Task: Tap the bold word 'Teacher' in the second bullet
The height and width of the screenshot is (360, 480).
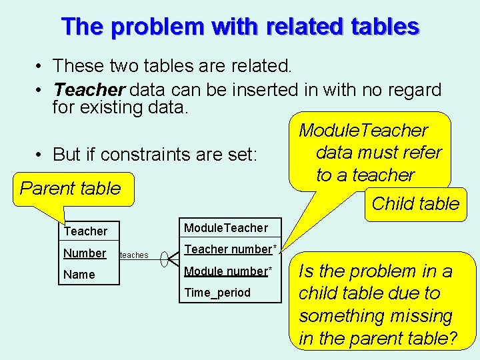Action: (x=89, y=89)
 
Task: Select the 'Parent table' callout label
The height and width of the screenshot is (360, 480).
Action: (x=70, y=188)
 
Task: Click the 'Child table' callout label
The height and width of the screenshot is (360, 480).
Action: (x=415, y=203)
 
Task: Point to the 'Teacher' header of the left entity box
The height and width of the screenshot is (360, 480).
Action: (x=85, y=231)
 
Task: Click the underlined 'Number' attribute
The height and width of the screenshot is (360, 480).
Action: (x=85, y=253)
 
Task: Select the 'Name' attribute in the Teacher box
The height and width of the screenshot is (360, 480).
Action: (x=79, y=275)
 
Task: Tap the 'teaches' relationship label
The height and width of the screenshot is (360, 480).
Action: (x=134, y=255)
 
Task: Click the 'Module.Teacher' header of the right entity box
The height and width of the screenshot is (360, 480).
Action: (x=225, y=228)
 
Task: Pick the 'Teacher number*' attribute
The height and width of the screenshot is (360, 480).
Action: (x=230, y=249)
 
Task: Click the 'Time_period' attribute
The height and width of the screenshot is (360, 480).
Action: (x=217, y=293)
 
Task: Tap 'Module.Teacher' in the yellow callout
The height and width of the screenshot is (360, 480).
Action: (x=363, y=131)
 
